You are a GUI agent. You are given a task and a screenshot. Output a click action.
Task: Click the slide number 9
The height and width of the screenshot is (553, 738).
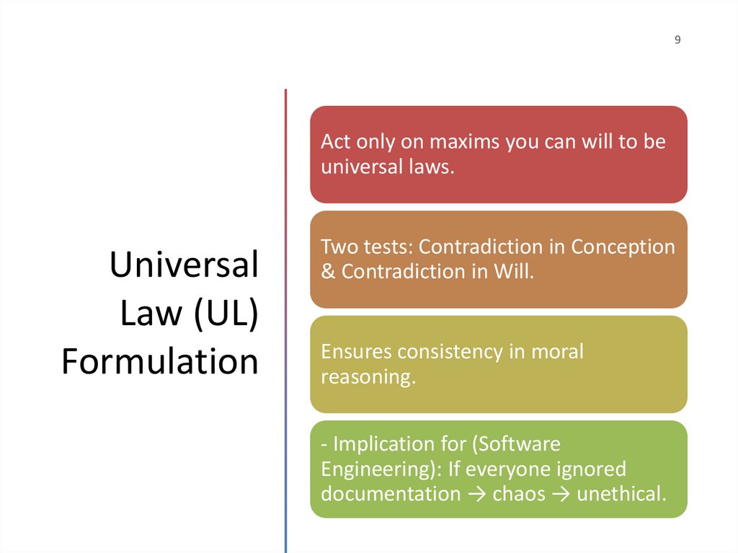click(x=677, y=40)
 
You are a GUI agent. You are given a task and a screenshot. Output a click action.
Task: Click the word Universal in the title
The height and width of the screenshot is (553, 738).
click(x=184, y=265)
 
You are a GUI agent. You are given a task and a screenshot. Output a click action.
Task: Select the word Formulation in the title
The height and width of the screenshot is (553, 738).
click(x=160, y=362)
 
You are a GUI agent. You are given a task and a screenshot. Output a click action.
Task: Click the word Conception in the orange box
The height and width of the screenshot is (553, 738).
click(x=623, y=247)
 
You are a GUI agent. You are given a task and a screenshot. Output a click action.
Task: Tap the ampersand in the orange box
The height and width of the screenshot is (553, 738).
click(x=328, y=272)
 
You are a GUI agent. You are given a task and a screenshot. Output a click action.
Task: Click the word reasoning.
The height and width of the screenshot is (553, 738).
click(x=368, y=377)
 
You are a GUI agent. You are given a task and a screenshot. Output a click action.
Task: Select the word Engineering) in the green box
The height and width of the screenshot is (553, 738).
click(x=380, y=469)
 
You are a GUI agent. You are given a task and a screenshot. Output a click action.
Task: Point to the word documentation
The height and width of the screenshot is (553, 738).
click(x=390, y=494)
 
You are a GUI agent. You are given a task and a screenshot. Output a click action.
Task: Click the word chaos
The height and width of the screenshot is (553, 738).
click(x=519, y=494)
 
